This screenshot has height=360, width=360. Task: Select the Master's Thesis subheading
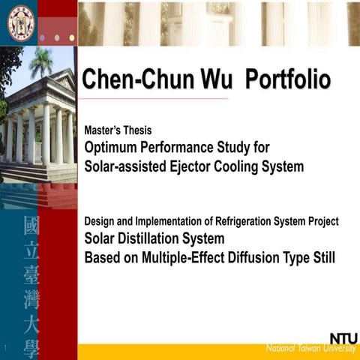coord(118,130)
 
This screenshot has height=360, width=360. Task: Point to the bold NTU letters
coord(343,338)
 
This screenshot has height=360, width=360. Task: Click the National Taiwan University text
coord(310,349)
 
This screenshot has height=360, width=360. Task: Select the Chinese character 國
coord(32,226)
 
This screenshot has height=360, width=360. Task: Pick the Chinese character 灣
coord(32,300)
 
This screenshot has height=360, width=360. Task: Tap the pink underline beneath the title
coord(154,98)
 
